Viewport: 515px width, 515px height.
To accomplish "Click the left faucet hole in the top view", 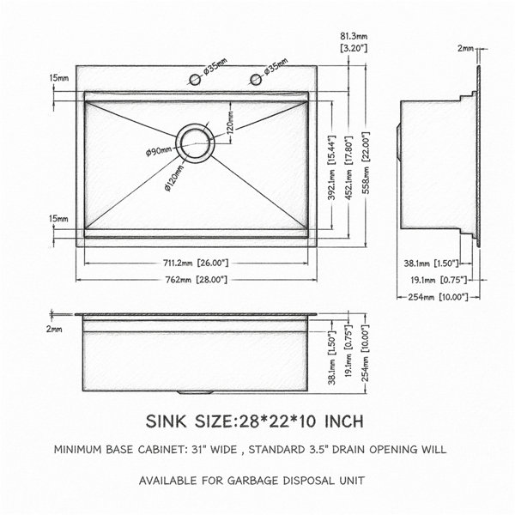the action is tap(195, 80).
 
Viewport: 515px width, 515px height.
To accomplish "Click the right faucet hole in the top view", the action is tap(256, 80).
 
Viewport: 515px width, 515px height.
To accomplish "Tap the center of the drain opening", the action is tap(196, 143).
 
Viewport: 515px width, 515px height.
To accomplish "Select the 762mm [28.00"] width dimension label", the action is tap(196, 280).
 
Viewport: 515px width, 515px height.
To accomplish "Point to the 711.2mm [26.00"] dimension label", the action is tap(196, 264).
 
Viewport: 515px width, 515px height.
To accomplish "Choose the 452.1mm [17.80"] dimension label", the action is tap(348, 167).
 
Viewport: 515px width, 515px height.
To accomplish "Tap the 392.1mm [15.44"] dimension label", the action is tap(331, 167).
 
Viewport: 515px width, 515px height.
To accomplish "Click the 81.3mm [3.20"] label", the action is tap(354, 42).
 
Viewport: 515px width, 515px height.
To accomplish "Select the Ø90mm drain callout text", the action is tap(159, 152).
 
